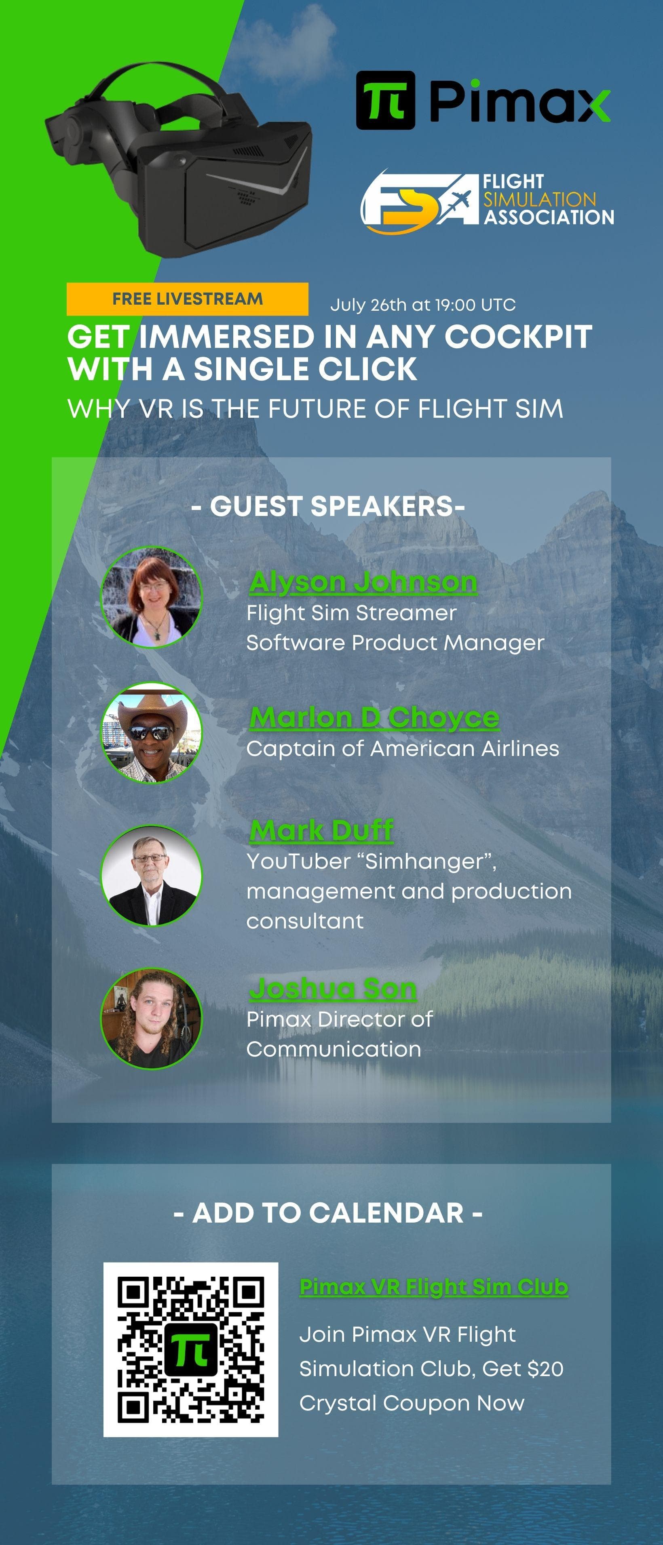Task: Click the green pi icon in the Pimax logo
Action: [385, 100]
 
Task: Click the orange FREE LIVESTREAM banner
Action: [187, 299]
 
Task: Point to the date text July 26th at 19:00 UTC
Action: [423, 305]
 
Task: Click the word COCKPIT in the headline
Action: [518, 337]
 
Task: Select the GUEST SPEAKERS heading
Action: [328, 506]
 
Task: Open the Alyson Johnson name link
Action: [363, 582]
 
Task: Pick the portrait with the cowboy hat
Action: [151, 733]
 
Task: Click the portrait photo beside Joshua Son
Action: [151, 1019]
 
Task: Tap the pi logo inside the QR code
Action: [191, 1349]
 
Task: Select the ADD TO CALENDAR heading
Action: [328, 1213]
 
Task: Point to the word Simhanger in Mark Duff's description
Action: [426, 862]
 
